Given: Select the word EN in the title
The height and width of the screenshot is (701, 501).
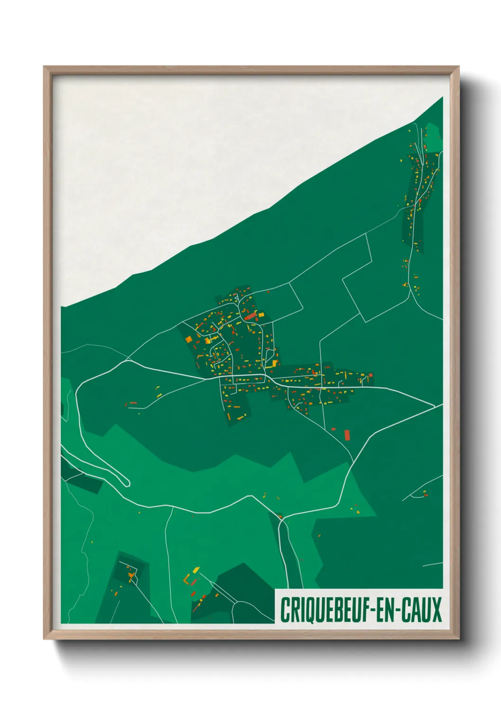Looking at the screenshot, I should [386, 610].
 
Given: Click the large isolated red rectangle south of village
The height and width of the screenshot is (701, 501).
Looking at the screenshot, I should [347, 435].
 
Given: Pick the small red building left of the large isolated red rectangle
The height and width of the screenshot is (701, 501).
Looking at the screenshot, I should [333, 429].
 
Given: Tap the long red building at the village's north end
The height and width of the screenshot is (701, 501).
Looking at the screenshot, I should [250, 316].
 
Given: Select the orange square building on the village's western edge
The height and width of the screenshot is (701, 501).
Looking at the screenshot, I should [188, 339].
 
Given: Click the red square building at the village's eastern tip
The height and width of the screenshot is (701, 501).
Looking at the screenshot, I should [370, 375].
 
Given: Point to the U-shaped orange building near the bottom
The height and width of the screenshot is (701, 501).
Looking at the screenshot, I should [186, 579].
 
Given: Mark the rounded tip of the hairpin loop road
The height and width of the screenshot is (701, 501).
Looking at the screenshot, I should [126, 483].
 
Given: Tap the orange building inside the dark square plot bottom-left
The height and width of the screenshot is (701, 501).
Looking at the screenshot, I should [131, 575].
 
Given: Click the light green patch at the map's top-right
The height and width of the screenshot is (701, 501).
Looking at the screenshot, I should [433, 135].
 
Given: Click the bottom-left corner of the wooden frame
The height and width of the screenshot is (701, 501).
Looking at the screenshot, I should [45, 638].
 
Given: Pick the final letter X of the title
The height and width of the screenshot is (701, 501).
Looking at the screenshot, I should [437, 610].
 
